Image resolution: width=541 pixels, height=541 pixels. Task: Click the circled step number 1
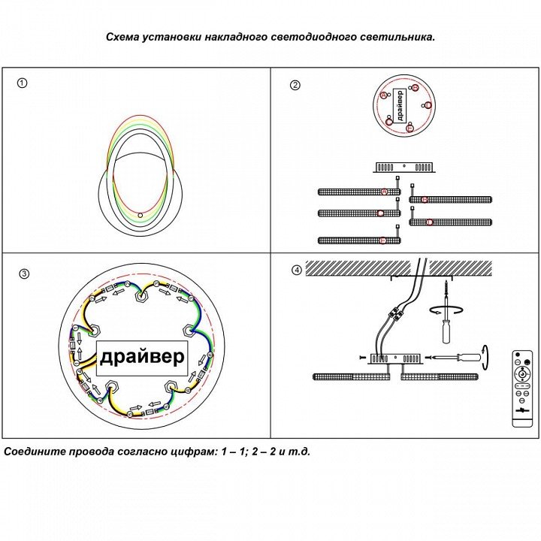pos(23,83)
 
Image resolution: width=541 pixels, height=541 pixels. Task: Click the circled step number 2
pos(295,85)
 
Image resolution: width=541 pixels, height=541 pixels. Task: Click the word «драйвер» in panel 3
pos(141,356)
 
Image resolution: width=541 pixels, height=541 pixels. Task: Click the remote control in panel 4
pos(521,384)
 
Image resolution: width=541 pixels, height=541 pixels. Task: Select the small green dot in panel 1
pos(141,216)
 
